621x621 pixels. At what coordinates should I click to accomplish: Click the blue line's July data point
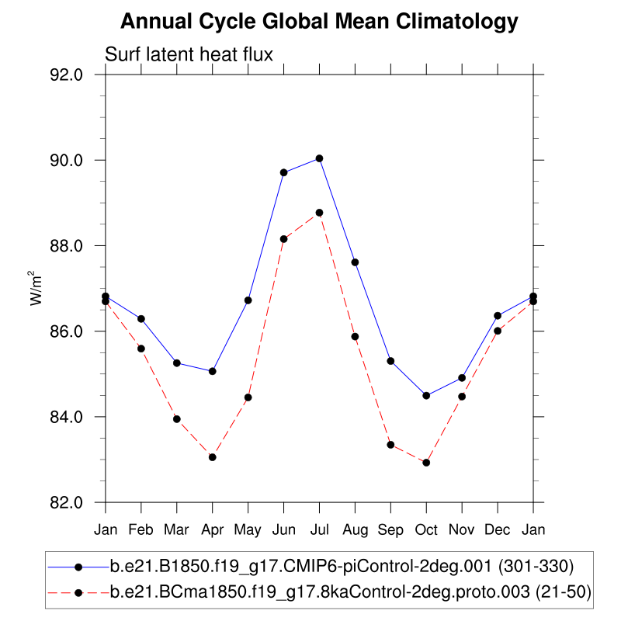coord(319,158)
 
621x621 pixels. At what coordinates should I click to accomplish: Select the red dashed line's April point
coord(212,457)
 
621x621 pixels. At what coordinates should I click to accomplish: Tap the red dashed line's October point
coord(426,463)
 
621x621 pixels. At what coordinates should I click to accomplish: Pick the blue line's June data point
coord(284,172)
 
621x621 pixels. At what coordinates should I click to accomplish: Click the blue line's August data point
coord(355,262)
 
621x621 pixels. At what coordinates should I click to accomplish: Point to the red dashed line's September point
coord(390,445)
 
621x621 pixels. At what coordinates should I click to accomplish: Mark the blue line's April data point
coord(212,371)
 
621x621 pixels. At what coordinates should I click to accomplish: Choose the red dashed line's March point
coord(177,419)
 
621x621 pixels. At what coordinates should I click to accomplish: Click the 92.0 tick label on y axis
coord(67,75)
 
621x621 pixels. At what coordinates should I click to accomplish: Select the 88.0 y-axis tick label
coord(67,246)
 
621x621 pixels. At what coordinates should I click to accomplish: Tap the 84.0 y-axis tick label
coord(67,417)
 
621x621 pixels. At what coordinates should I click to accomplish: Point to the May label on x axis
coord(248,529)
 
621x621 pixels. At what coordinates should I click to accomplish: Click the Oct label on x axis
coord(426,529)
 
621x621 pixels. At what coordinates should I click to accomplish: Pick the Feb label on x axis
coord(141,529)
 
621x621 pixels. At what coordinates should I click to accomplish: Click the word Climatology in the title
coord(457,22)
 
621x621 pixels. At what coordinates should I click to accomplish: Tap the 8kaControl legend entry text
coord(350,593)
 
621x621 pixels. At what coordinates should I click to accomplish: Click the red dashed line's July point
coord(319,213)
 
